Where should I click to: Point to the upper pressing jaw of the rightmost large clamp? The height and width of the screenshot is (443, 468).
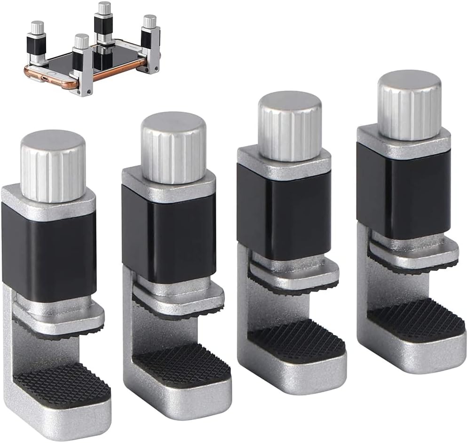click(x=414, y=254)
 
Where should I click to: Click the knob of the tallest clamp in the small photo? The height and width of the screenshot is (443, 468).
click(x=104, y=8)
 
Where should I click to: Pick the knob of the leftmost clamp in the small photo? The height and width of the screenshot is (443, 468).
click(x=37, y=27)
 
